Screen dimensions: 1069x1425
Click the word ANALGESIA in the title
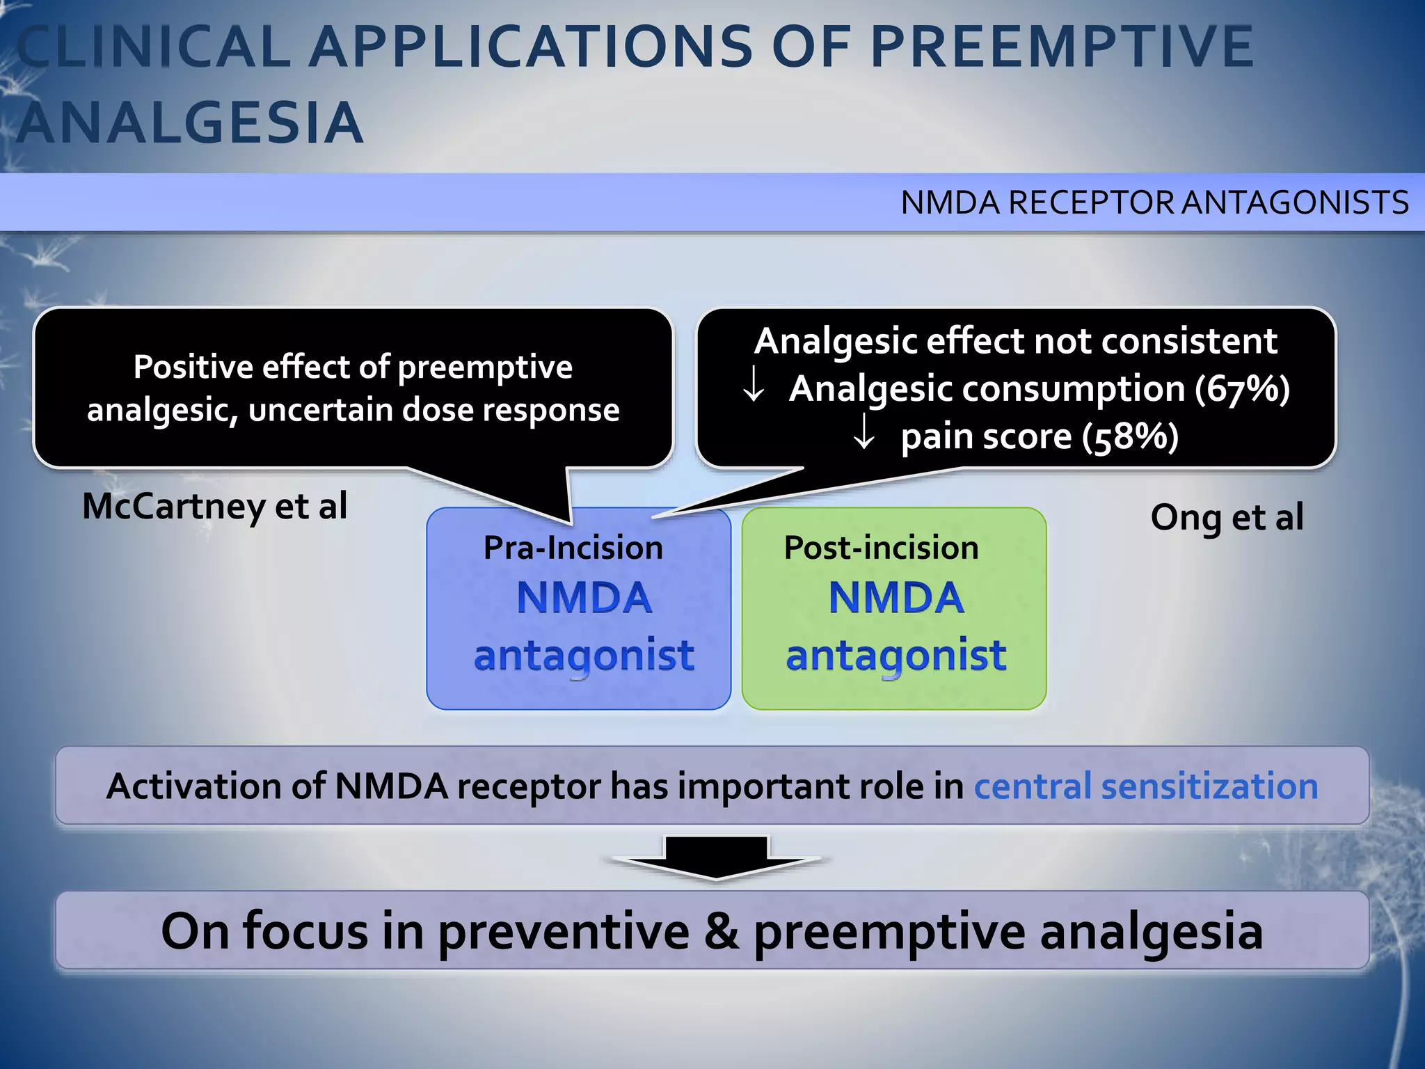click(189, 123)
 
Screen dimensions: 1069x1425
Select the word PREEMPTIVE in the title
click(1062, 47)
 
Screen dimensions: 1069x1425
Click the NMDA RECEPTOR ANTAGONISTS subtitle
click(1154, 203)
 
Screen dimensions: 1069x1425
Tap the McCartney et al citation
click(214, 506)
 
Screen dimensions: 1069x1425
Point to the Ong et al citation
click(1227, 518)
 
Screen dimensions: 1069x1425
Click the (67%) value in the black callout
click(1242, 388)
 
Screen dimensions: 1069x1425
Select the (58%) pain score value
click(1130, 437)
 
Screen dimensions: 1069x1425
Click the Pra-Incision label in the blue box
click(573, 548)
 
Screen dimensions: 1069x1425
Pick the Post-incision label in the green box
click(881, 548)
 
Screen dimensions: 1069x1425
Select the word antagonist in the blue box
click(583, 655)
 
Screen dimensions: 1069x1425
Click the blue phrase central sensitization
click(1145, 786)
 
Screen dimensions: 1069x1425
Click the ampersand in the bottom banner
click(721, 931)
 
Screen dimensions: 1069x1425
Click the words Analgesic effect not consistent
click(1015, 341)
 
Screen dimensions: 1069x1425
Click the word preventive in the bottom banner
click(564, 931)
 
